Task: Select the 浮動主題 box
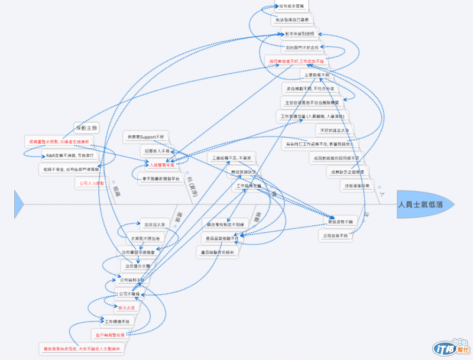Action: [87, 128]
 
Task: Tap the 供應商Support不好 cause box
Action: [147, 137]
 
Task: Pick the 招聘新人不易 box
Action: [157, 151]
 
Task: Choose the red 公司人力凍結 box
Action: [91, 183]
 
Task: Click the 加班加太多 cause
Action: [155, 224]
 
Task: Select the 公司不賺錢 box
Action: [130, 293]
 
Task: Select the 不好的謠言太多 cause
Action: [335, 130]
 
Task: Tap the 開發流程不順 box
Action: [341, 221]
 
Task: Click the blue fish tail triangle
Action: [18, 203]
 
